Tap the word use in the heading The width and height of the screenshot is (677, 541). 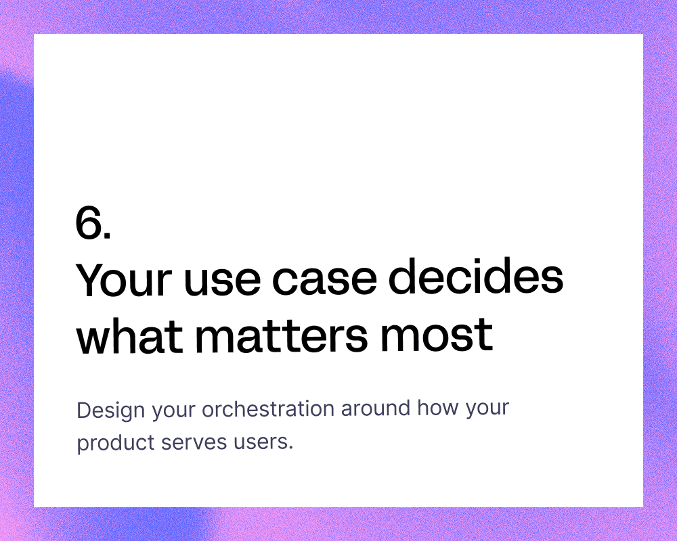tap(222, 283)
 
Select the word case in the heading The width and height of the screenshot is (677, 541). tap(325, 283)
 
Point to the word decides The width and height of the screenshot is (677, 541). tap(476, 277)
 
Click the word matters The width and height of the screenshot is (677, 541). tap(282, 337)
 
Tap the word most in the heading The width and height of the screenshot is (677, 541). tap(437, 337)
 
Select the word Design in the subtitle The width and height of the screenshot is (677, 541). tap(111, 410)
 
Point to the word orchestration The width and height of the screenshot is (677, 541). tap(268, 408)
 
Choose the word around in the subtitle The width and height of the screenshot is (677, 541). tap(376, 408)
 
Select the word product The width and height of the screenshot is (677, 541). tap(116, 444)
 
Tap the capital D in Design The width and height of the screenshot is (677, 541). tap(84, 410)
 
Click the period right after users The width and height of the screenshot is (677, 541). tap(291, 449)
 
